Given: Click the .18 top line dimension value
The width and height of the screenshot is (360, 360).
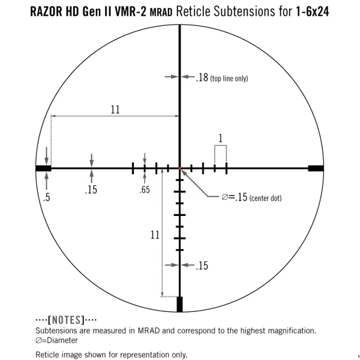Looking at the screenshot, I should [202, 78].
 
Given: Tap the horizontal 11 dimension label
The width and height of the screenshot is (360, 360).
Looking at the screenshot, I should [115, 109].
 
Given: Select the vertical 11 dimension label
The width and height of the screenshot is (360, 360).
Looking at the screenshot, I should [155, 235].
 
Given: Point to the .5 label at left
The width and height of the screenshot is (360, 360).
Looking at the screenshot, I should [46, 196].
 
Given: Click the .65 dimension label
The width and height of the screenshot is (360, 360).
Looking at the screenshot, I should [144, 190].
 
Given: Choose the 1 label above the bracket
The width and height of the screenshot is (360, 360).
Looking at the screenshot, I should [221, 138].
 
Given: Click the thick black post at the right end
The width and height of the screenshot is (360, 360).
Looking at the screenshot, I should [316, 169].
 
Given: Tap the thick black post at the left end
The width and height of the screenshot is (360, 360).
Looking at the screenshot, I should [43, 169].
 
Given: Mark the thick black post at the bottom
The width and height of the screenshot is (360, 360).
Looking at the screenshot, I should [179, 304].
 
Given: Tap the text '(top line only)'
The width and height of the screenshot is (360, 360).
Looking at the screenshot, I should [229, 79].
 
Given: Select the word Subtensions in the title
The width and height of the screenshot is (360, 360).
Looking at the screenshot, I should [244, 11].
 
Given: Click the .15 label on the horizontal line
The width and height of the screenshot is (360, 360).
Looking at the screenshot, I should [91, 190].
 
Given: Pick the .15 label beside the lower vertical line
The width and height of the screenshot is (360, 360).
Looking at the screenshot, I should [202, 265].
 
